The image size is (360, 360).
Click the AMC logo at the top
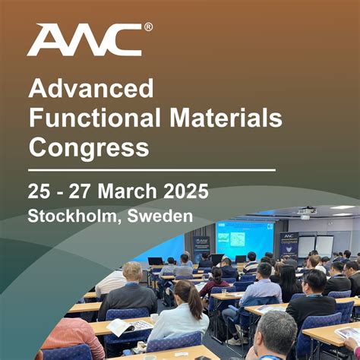tap(84, 39)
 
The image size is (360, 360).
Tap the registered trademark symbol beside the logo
tap(148, 27)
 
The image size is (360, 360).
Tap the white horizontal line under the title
tap(152, 169)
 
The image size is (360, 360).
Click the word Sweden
tap(160, 216)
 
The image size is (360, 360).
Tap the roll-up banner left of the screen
tap(201, 248)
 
